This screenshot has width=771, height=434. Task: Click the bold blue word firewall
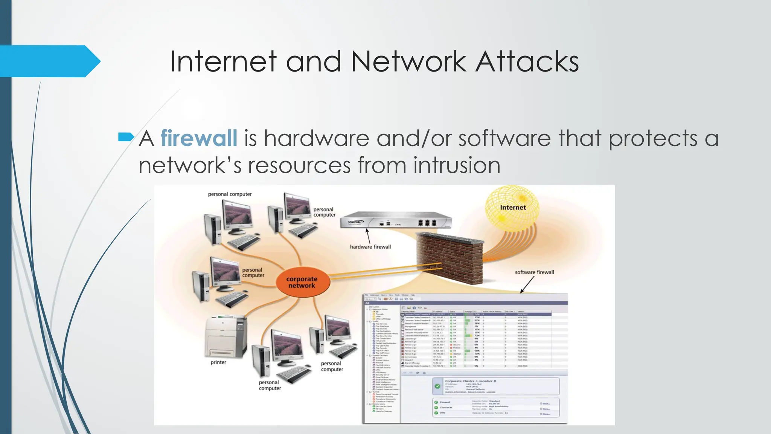pos(199,138)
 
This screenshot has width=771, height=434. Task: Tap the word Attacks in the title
pos(527,61)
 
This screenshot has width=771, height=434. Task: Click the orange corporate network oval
pos(302,282)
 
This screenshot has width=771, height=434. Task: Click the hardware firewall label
pos(370,247)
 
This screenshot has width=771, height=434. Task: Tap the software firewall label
pos(534,272)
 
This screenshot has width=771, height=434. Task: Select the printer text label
pos(218,362)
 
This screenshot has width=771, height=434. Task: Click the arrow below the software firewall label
pos(527,284)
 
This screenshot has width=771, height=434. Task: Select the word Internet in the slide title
pos(223,61)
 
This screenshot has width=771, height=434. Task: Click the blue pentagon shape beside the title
pos(49,61)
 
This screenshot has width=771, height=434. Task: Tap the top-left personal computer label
pos(230,194)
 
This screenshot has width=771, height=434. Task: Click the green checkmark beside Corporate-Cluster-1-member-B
pos(437,386)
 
